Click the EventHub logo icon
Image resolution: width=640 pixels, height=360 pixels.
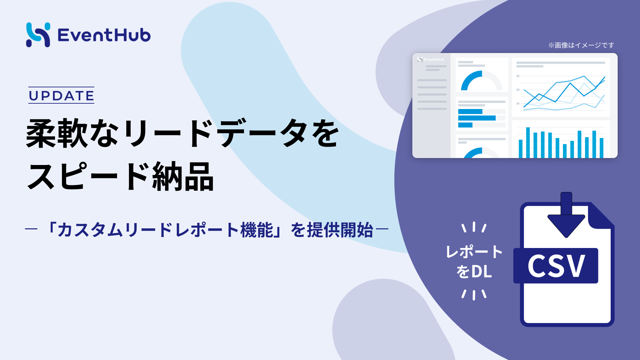click(38, 35)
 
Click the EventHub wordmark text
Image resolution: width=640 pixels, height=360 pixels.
click(104, 35)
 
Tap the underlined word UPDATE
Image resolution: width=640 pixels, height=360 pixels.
click(61, 96)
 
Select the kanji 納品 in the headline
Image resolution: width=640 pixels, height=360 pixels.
click(183, 176)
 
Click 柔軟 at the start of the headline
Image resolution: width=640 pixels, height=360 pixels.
click(57, 133)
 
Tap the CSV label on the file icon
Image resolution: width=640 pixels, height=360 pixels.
click(556, 266)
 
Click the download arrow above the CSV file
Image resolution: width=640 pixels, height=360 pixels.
click(566, 215)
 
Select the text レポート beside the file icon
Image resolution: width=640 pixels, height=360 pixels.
click(474, 252)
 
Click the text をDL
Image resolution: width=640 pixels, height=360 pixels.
click(474, 272)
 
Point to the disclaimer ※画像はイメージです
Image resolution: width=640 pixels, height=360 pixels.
click(581, 45)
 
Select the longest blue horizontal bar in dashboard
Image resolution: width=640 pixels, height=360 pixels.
click(477, 118)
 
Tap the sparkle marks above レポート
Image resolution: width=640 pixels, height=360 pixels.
click(474, 227)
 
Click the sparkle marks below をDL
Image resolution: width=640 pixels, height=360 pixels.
click(474, 294)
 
